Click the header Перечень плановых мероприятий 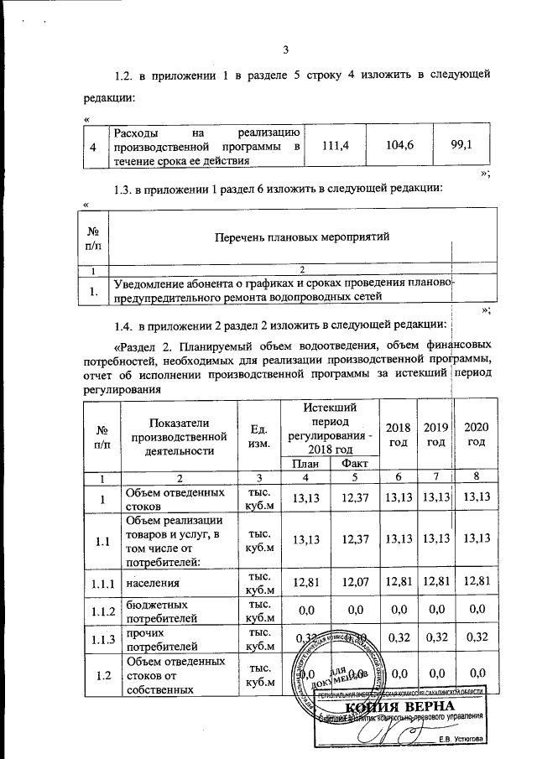point(280,237)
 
